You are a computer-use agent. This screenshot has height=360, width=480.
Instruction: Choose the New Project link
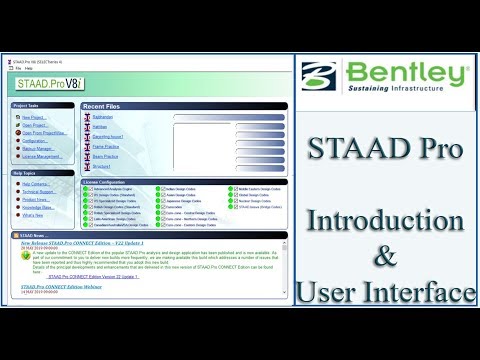(x=32, y=116)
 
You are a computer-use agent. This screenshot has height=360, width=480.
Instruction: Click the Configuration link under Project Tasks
(x=36, y=141)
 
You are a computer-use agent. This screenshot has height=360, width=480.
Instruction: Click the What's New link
(x=33, y=214)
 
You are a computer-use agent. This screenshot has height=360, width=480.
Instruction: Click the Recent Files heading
(x=107, y=105)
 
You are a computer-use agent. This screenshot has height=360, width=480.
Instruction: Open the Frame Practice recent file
(x=106, y=147)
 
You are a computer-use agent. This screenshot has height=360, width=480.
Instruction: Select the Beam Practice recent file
(x=105, y=158)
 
